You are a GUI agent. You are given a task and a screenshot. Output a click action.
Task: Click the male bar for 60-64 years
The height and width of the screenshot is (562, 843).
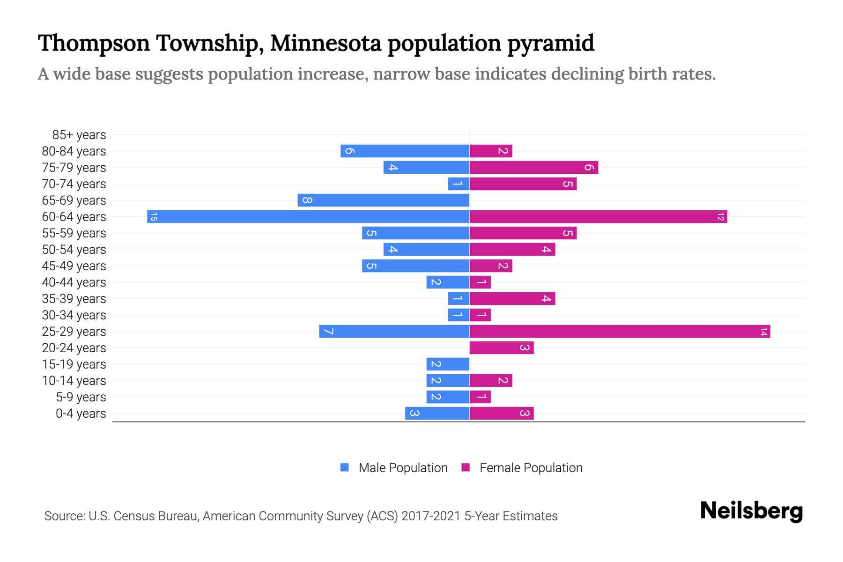click(x=308, y=217)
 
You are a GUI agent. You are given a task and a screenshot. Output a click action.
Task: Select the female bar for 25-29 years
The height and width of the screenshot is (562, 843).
click(x=620, y=332)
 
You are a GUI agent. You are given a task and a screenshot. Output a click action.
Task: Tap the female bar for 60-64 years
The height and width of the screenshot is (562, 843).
click(x=598, y=217)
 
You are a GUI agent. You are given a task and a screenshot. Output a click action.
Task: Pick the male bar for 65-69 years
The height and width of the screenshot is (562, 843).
click(x=383, y=200)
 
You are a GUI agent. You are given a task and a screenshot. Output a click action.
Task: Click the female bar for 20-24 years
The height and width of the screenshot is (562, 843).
click(x=501, y=348)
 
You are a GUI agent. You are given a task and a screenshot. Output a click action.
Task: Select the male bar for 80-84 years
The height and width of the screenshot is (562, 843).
click(x=405, y=151)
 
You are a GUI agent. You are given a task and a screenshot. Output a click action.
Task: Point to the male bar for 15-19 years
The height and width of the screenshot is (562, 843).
click(x=448, y=364)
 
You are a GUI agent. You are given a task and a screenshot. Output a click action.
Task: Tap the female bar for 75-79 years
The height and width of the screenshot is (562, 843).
click(x=533, y=168)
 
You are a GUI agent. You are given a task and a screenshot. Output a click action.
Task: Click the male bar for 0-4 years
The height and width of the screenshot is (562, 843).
click(x=437, y=414)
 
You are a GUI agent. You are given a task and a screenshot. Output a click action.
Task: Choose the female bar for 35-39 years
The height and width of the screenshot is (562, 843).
click(x=512, y=299)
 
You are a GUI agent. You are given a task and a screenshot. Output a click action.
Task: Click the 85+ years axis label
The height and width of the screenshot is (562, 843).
click(x=79, y=135)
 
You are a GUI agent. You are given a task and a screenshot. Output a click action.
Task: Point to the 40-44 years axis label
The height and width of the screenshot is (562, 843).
click(x=74, y=282)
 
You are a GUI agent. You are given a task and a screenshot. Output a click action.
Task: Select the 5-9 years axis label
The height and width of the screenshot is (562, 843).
click(x=81, y=397)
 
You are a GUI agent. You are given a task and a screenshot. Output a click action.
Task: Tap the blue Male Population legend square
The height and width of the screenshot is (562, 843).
click(x=345, y=467)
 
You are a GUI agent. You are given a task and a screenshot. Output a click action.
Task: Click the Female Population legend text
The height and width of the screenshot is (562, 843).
click(x=531, y=468)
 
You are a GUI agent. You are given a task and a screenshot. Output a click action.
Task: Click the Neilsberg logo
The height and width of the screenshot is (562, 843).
click(x=751, y=511)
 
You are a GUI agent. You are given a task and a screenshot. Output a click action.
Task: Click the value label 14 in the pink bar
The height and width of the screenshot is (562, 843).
click(x=763, y=332)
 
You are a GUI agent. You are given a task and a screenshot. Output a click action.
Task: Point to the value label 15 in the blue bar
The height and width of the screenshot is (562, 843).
click(x=154, y=217)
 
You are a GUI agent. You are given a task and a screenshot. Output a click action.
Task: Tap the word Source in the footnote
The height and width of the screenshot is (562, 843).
click(x=64, y=516)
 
